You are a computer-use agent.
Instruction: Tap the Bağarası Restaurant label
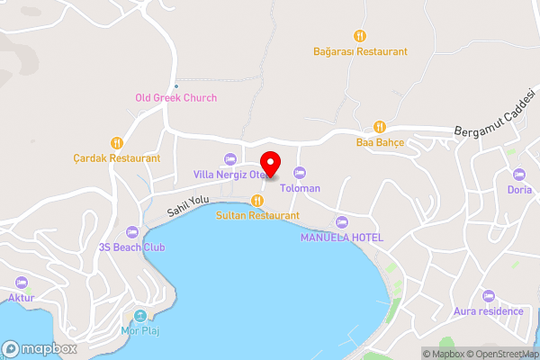coord(360,52)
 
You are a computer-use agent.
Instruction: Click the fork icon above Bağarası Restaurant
coord(360,36)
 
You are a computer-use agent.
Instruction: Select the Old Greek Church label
coord(175,98)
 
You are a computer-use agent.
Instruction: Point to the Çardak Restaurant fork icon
coord(116,142)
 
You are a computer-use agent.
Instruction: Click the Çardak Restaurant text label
coord(117,158)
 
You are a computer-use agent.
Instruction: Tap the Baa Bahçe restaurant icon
coord(380,126)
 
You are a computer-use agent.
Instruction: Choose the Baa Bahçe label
coord(380,142)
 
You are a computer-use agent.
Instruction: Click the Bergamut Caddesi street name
coord(495,124)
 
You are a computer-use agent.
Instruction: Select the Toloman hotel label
coord(301,189)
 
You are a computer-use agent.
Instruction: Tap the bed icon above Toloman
coord(301,173)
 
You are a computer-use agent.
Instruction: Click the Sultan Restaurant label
coord(257,216)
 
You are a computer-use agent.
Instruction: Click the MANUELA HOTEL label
coord(341,238)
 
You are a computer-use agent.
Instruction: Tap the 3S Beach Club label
coord(132,247)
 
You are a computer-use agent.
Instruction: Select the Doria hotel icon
coord(518,175)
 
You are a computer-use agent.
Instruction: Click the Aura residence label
coord(490,311)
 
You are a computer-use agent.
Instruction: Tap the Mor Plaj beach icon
coord(139,316)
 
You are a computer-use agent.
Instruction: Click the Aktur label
coord(20,297)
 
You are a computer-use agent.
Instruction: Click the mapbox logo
coord(40,348)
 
